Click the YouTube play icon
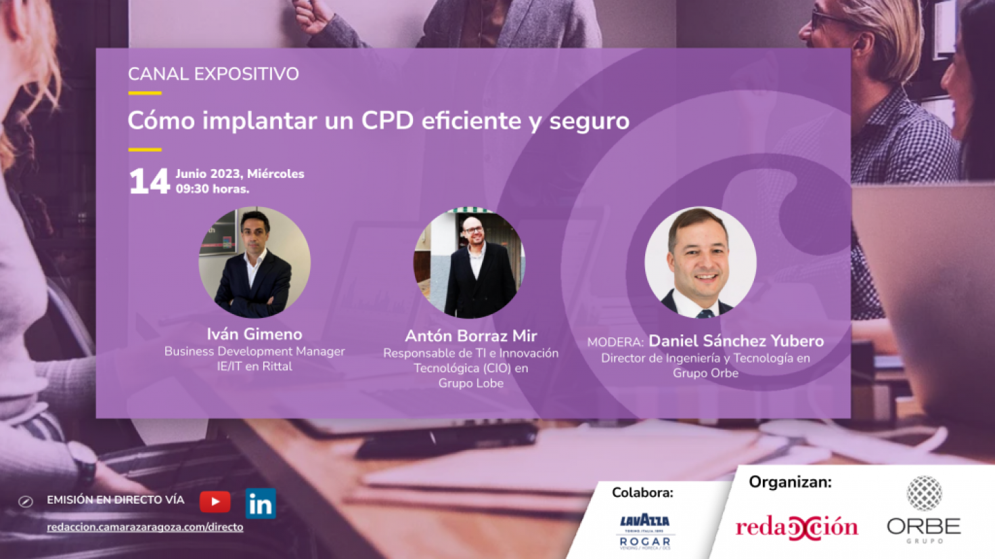215,501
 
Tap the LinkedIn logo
261,504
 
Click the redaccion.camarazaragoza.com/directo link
146,527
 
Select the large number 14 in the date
149,181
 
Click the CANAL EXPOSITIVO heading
214,74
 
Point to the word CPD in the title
387,120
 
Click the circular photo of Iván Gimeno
255,262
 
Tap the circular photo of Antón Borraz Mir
470,262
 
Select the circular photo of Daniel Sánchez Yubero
701,262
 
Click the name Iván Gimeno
255,334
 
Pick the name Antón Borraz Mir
471,336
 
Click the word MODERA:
615,342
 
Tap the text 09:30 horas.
213,189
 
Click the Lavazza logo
645,521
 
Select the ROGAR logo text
645,541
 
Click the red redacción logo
797,527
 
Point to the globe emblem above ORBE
924,493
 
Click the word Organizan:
790,482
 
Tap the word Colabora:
642,493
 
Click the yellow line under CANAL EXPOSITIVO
145,93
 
